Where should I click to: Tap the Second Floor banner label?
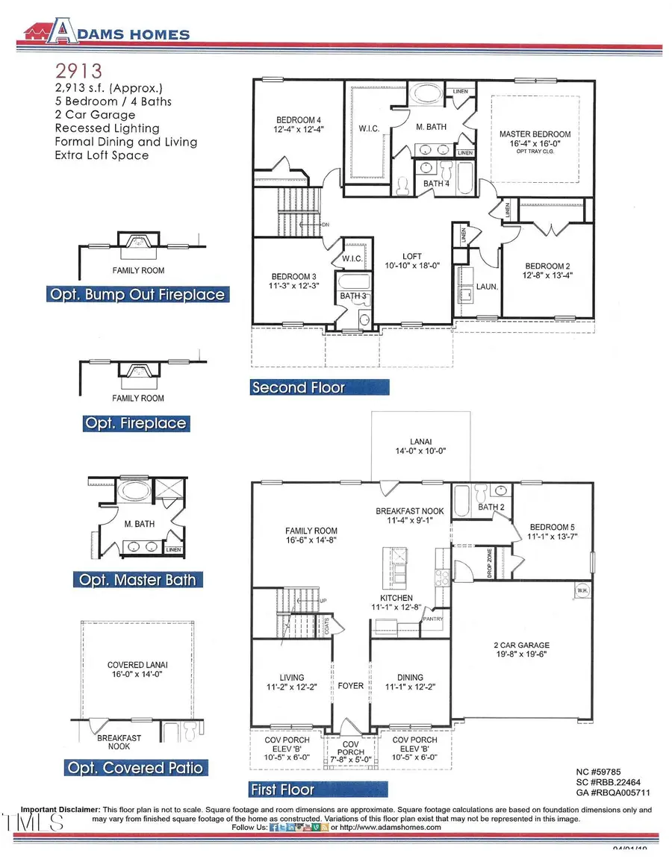tap(299, 387)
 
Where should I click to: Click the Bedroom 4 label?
tap(299, 120)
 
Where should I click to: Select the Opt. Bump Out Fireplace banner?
tap(137, 294)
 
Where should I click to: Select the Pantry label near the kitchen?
tap(433, 619)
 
